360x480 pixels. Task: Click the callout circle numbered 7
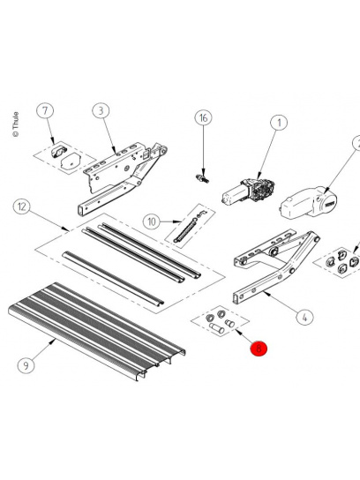tap(46, 111)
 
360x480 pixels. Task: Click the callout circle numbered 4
tap(303, 315)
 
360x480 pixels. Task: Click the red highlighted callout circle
tap(258, 349)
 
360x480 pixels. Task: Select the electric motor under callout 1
tap(251, 188)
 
